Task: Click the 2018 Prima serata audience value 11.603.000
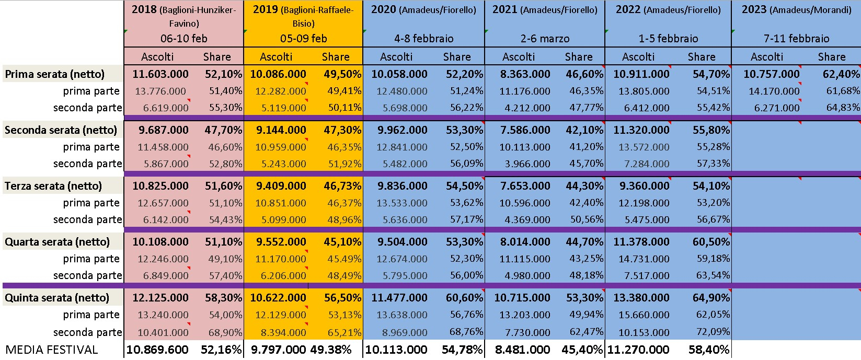tap(160, 74)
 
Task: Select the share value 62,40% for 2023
tap(841, 74)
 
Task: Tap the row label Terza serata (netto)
tap(53, 186)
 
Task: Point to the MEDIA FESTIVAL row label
tap(52, 350)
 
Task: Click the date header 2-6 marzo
tap(545, 39)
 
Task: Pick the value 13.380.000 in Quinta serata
tap(641, 298)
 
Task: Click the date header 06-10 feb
tap(183, 39)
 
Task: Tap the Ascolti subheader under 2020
tap(396, 57)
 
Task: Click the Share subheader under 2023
tap(831, 57)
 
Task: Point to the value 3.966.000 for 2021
tap(527, 164)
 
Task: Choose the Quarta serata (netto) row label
tap(57, 242)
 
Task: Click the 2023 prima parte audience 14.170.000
tap(774, 91)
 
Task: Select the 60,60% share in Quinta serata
tap(464, 298)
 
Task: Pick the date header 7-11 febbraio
tap(796, 39)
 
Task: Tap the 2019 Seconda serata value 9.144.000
tap(281, 130)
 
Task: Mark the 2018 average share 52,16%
tap(221, 350)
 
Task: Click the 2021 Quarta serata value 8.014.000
tap(525, 242)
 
